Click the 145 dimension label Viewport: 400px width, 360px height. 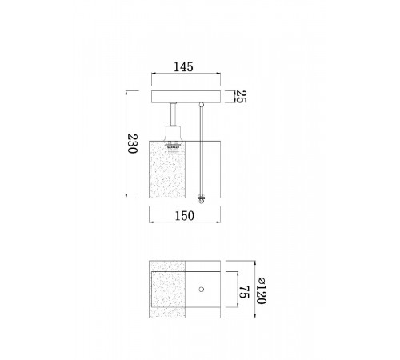(183, 67)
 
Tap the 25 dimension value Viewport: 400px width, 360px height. (242, 97)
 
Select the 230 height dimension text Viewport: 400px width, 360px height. (133, 144)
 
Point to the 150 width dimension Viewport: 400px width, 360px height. (185, 216)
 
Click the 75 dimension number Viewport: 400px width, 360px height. (244, 292)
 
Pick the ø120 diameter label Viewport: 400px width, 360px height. (261, 291)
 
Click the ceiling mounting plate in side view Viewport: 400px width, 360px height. (186, 97)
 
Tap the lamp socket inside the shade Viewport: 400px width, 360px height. (174, 148)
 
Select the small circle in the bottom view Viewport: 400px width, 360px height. (202, 290)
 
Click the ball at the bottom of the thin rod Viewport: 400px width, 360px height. (202, 202)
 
